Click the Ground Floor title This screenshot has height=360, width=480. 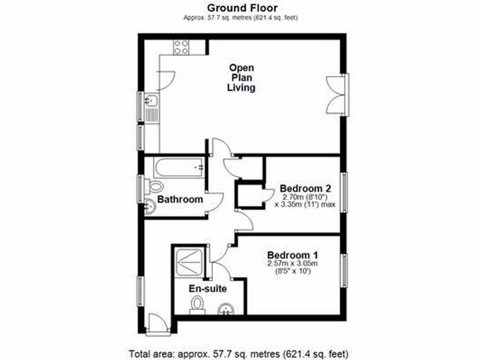tap(242, 8)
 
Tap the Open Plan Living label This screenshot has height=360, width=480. tap(241, 77)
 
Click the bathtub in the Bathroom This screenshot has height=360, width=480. tap(180, 166)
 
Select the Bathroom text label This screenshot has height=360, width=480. tap(180, 200)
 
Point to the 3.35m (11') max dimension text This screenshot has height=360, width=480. tap(305, 204)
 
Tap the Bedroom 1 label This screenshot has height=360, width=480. tap(292, 255)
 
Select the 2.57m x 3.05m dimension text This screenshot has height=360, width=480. tap(292, 264)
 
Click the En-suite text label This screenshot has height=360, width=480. tap(208, 289)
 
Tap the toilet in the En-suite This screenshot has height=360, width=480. tap(197, 305)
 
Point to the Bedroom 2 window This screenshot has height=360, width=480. tap(344, 193)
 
